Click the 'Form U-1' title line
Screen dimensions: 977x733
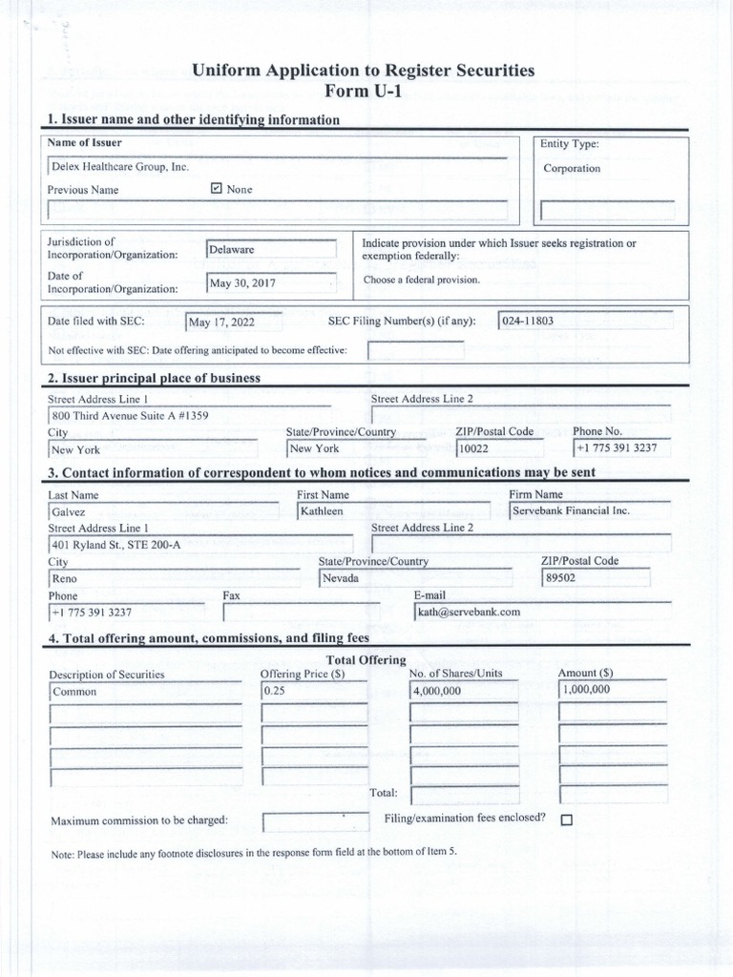(363, 91)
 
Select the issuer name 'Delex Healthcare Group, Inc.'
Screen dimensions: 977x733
(119, 166)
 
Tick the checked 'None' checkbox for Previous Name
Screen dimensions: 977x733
(217, 189)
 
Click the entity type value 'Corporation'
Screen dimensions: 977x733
(572, 168)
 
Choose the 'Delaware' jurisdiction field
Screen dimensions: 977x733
(271, 249)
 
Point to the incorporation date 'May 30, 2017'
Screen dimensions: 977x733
(271, 282)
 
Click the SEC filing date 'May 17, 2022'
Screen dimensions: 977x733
(233, 322)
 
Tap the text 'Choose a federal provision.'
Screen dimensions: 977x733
(421, 280)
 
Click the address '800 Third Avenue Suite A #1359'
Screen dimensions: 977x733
(130, 416)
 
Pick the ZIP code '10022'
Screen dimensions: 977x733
(500, 448)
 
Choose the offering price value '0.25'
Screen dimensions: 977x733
(314, 691)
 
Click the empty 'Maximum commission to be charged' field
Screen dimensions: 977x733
(315, 821)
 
